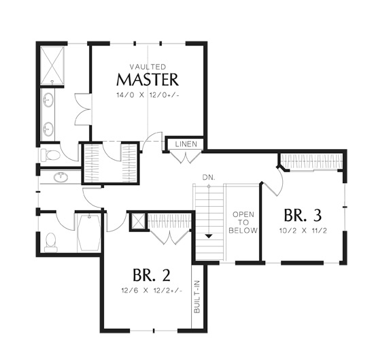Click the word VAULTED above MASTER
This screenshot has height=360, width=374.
tap(148, 67)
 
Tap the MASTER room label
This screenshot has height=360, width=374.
tap(148, 80)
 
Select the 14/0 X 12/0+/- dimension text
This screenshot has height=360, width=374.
tap(148, 95)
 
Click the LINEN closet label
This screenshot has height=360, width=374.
tap(186, 144)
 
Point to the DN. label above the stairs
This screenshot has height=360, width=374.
tap(209, 178)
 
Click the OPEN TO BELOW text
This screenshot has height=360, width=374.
tap(243, 223)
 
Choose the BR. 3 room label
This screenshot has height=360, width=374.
tap(303, 215)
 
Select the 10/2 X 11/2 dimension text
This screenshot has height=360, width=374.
tap(303, 231)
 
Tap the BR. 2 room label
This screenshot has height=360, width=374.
tap(152, 275)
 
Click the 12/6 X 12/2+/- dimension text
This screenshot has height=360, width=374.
tap(152, 291)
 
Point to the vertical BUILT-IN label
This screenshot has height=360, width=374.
tap(197, 297)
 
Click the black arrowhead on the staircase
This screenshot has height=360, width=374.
tap(209, 236)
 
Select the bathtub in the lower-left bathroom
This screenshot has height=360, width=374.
tap(89, 233)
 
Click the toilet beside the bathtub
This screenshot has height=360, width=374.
tap(51, 242)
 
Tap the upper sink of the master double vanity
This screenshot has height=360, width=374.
tap(48, 100)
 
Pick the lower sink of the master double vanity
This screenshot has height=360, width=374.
tap(48, 129)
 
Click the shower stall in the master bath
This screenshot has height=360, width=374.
tap(52, 65)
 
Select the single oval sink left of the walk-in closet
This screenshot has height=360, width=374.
tap(61, 177)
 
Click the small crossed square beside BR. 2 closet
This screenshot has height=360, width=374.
tap(138, 222)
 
